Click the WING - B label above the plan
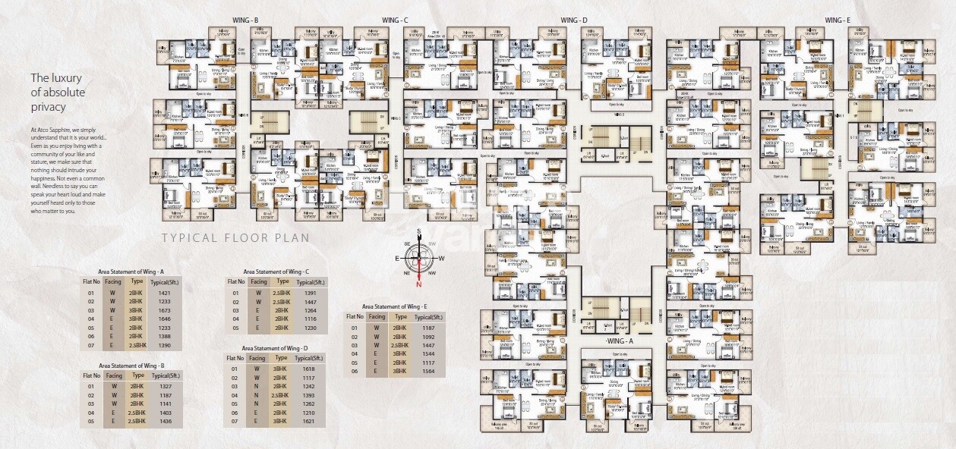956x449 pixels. point(247,19)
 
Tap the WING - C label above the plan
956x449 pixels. point(396,19)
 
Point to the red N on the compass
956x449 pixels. point(418,284)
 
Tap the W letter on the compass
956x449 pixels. point(442,258)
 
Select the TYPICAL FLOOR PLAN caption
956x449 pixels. point(235,237)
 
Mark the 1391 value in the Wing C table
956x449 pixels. point(310,293)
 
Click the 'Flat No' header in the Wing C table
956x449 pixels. point(238,281)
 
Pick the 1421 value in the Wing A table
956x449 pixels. point(163,293)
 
